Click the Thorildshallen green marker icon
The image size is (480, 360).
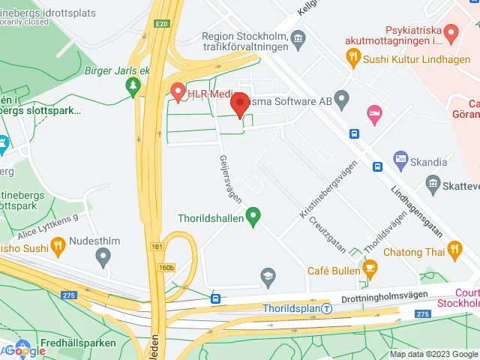point(253,218)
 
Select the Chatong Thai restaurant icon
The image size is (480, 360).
point(454,248)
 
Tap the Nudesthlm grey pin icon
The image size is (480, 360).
point(103,257)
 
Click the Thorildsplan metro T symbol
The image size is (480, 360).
point(326,308)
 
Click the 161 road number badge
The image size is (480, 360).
point(156,246)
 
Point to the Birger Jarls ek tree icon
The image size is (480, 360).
point(133,87)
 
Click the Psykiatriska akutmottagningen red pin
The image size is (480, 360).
point(451,32)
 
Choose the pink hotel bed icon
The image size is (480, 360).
point(373,112)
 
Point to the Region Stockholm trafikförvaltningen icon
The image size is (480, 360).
point(298,37)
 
